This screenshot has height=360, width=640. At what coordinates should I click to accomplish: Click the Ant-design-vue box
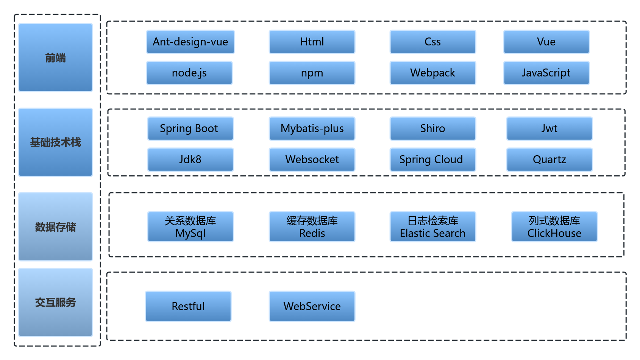190,42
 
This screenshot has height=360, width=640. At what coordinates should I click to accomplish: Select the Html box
312,42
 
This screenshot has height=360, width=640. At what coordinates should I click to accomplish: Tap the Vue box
546,42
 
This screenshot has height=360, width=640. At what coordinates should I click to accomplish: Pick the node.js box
189,73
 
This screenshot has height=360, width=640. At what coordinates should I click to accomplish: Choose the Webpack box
432,73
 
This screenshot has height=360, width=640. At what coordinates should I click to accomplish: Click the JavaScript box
546,73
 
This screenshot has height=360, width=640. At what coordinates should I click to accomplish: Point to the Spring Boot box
190,129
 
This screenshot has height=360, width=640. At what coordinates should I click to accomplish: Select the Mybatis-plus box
312,129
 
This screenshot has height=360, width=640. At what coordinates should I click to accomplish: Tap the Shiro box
432,129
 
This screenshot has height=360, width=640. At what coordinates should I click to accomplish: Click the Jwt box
549,129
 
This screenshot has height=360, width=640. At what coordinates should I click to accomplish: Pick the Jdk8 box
190,160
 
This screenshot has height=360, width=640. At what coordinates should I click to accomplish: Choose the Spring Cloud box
432,160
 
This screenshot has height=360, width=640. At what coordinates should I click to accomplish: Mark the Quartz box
549,160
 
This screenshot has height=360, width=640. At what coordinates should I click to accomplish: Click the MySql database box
190,227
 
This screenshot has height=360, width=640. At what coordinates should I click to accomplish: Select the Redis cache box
312,227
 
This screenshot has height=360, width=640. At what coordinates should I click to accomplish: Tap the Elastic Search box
432,227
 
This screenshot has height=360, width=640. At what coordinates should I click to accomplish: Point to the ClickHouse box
554,227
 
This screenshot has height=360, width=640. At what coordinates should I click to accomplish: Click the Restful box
188,306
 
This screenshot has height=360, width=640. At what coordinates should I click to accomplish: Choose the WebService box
312,306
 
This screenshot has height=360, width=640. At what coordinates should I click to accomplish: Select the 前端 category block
56,58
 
